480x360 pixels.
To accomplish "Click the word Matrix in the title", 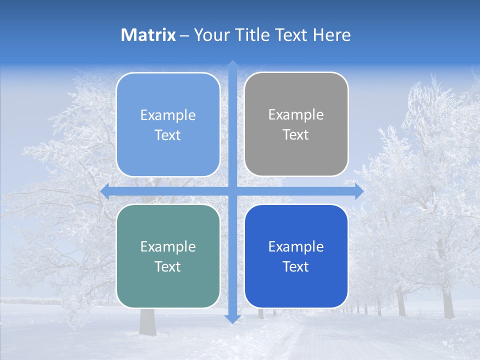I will (148, 35).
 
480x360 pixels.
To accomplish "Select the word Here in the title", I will (331, 35).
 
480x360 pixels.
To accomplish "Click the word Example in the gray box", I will (296, 114).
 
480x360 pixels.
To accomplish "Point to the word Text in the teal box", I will (168, 266).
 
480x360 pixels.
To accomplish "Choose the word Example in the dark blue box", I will (296, 246).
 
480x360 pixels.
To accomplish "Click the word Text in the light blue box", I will (168, 135).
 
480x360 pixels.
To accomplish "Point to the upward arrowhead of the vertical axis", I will (232, 65).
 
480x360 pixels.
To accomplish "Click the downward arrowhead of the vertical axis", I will (232, 319).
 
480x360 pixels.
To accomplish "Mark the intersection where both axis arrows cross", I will (232, 191).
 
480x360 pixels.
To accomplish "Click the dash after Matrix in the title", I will (184, 35).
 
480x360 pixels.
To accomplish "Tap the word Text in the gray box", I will (296, 134).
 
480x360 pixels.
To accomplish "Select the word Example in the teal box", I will (168, 246).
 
